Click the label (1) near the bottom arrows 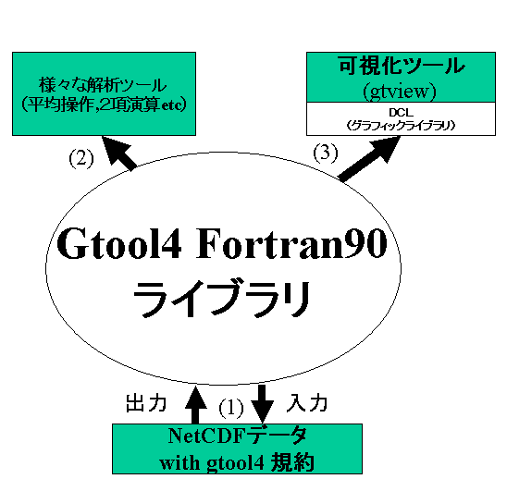pyautogui.click(x=231, y=408)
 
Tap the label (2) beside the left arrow pyautogui.click(x=81, y=159)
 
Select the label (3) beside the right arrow pyautogui.click(x=326, y=153)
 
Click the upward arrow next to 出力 pyautogui.click(x=194, y=405)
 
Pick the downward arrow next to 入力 pyautogui.click(x=262, y=404)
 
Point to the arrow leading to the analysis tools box pyautogui.click(x=119, y=154)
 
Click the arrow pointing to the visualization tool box pyautogui.click(x=369, y=159)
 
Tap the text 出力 pyautogui.click(x=146, y=403)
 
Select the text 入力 pyautogui.click(x=307, y=403)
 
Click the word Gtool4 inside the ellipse pyautogui.click(x=119, y=243)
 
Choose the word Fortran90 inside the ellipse pyautogui.click(x=291, y=243)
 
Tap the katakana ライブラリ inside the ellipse pyautogui.click(x=221, y=299)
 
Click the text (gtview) pyautogui.click(x=400, y=92)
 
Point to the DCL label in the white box pyautogui.click(x=401, y=112)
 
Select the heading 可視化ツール pyautogui.click(x=402, y=66)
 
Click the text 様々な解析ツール pyautogui.click(x=103, y=85)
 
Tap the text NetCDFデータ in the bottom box pyautogui.click(x=237, y=436)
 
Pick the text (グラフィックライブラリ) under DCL pyautogui.click(x=401, y=126)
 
